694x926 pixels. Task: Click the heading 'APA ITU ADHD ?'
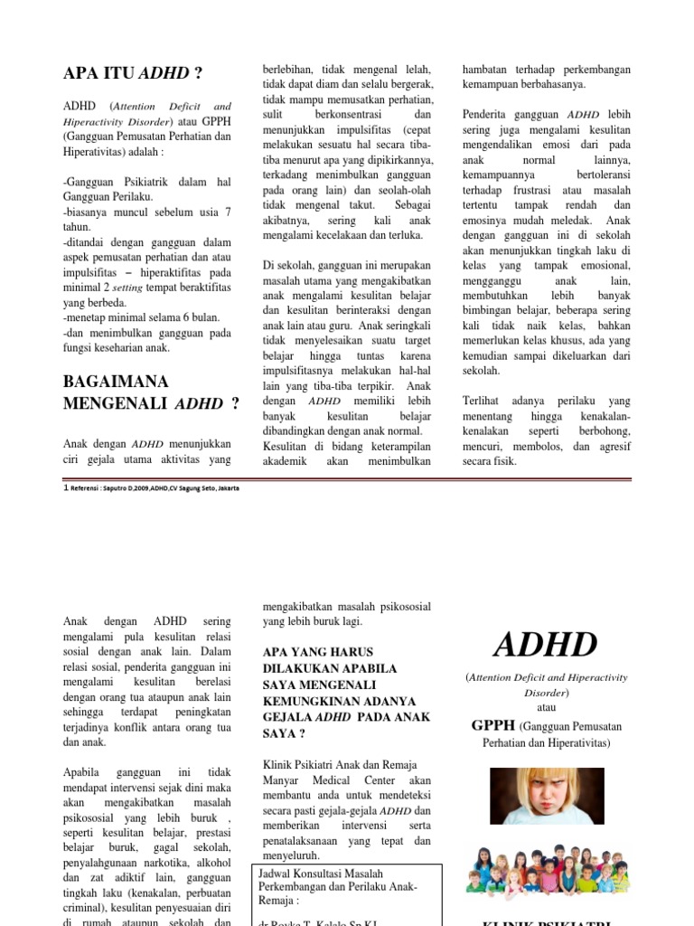pos(132,73)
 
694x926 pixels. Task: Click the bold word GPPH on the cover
pos(492,725)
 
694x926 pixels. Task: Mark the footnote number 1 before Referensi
pos(65,488)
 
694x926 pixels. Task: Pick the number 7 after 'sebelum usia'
pos(227,212)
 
